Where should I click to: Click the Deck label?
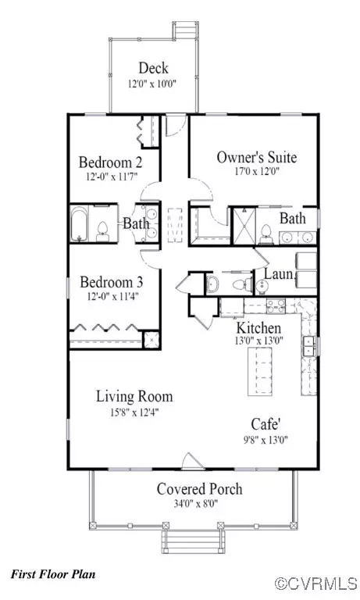(154, 68)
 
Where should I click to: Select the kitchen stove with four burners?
(276, 306)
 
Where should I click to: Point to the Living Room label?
(134, 396)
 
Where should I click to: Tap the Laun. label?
(279, 274)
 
